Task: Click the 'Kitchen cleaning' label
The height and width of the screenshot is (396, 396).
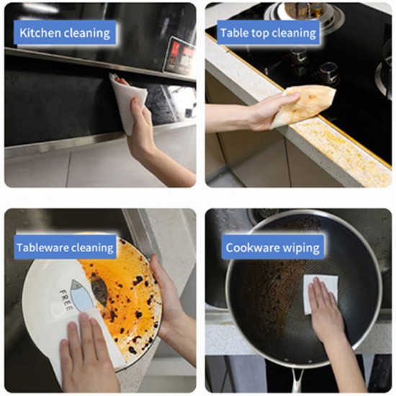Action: point(65,33)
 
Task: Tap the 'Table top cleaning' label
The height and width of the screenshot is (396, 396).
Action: point(269,33)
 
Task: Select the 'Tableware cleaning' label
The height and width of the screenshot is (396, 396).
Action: point(65,247)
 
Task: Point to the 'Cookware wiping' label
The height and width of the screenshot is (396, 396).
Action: point(272,247)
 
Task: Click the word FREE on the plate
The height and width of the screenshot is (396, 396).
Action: point(66,300)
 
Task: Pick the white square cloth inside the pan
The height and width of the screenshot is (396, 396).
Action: point(320,294)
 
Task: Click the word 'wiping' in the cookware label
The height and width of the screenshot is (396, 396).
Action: point(301,248)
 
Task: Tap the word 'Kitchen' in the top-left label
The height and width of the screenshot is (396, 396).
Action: point(40,33)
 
